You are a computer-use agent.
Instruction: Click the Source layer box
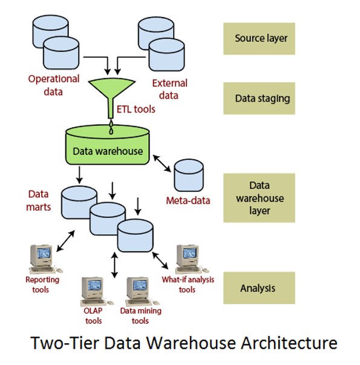pos(259,39)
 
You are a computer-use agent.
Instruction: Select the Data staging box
pos(259,98)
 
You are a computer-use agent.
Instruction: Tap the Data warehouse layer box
pos(259,198)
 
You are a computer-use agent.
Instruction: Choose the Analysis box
pos(259,288)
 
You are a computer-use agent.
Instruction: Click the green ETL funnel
pos(111,93)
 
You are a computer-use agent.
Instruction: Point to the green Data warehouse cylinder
pos(108,145)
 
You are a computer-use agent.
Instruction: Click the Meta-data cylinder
pos(189,175)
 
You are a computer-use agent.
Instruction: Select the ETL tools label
pos(136,109)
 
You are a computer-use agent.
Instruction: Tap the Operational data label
pos(54,85)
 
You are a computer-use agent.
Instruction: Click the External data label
pos(169,89)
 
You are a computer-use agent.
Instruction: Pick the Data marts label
pos(38,200)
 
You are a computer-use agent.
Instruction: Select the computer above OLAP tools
pos(96,291)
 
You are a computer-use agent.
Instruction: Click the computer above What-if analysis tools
pos(191,259)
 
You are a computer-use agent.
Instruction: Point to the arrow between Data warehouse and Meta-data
pos(162,163)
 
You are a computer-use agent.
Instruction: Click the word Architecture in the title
pos(289,343)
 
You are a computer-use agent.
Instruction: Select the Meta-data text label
pos(188,200)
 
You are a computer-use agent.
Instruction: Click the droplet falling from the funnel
pos(111,127)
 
